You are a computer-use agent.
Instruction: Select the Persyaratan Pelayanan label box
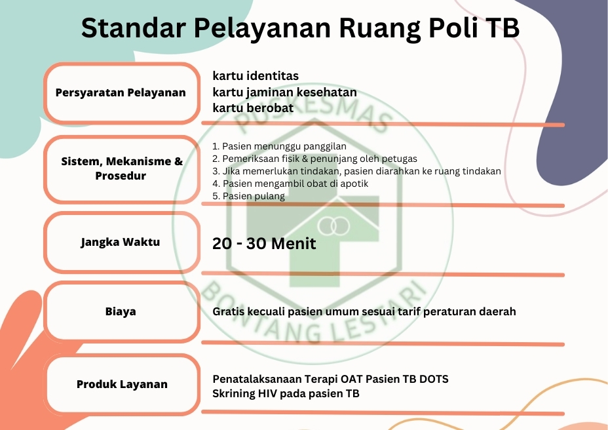point(121,93)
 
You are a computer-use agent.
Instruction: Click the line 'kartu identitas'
point(256,75)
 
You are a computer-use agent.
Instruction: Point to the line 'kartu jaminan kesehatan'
point(284,92)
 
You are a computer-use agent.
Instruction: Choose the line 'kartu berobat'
point(253,108)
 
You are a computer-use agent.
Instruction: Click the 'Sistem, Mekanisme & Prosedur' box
point(121,169)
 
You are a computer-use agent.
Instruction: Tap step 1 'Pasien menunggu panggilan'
point(279,146)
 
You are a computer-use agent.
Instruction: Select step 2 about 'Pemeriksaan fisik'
point(315,159)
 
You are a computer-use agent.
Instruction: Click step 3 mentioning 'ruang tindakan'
point(356,171)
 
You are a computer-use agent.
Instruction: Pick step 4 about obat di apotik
point(290,184)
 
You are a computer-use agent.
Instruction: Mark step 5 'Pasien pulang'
point(248,196)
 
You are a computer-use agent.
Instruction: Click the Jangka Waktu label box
point(121,242)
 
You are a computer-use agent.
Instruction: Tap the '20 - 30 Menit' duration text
point(264,244)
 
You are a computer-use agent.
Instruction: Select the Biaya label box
point(121,311)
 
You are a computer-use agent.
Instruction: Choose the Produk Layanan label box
point(121,384)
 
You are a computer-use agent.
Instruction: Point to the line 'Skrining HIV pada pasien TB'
point(286,393)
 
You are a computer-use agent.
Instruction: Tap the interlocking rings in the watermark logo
point(333,226)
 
